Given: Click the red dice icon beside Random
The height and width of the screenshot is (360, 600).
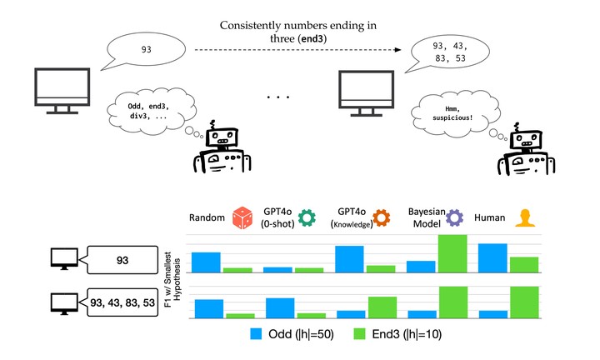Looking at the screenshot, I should (x=241, y=219).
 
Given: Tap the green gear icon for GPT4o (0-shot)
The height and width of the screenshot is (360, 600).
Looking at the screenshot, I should (x=307, y=219).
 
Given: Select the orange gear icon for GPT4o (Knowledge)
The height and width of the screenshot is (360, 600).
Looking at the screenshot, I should (x=382, y=219).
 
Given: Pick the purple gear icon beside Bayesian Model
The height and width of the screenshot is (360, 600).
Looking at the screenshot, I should (x=455, y=219).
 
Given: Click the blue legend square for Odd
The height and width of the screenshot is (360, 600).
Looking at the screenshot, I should (x=257, y=334).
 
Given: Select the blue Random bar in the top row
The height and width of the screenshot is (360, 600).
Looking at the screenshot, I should (x=206, y=262).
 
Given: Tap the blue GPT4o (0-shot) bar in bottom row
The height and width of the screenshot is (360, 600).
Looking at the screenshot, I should (x=280, y=307).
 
